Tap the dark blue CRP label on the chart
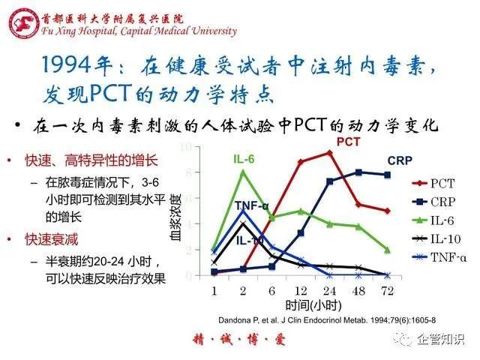click(400, 160)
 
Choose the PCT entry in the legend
click(438, 182)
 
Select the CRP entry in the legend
click(438, 201)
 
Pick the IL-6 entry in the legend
click(438, 220)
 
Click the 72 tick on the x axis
click(387, 290)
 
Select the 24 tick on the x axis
click(329, 290)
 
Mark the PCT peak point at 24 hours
click(329, 152)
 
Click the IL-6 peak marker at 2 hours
click(242, 172)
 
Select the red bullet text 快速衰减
click(49, 239)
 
